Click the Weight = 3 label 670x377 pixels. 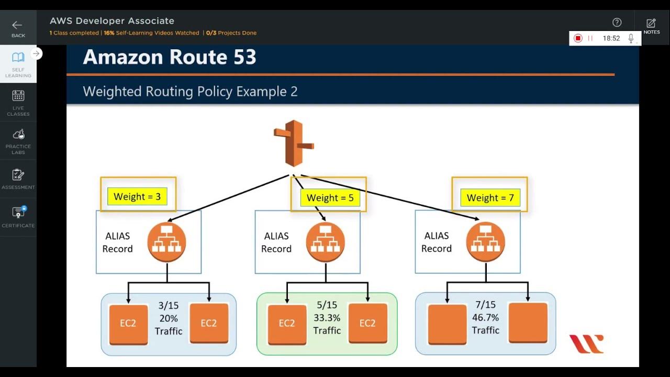tap(137, 197)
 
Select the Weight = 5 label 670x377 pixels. tap(330, 198)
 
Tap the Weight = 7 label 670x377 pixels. tap(490, 198)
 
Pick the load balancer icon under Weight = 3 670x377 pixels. tap(167, 242)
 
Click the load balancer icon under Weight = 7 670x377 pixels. tap(486, 242)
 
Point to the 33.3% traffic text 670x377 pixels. tap(327, 317)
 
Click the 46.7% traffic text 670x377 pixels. tap(485, 317)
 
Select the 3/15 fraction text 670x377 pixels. tap(169, 305)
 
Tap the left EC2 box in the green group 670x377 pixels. tap(287, 324)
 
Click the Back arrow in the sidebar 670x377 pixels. tap(18, 28)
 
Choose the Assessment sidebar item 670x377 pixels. tap(18, 179)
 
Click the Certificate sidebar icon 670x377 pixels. tap(18, 217)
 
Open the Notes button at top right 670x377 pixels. tap(651, 26)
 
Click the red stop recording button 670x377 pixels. tap(578, 38)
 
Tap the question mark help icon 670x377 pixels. tap(617, 22)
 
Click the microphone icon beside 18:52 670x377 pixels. tap(631, 38)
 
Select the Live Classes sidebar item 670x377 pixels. tap(18, 102)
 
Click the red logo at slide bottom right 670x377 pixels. tap(586, 344)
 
